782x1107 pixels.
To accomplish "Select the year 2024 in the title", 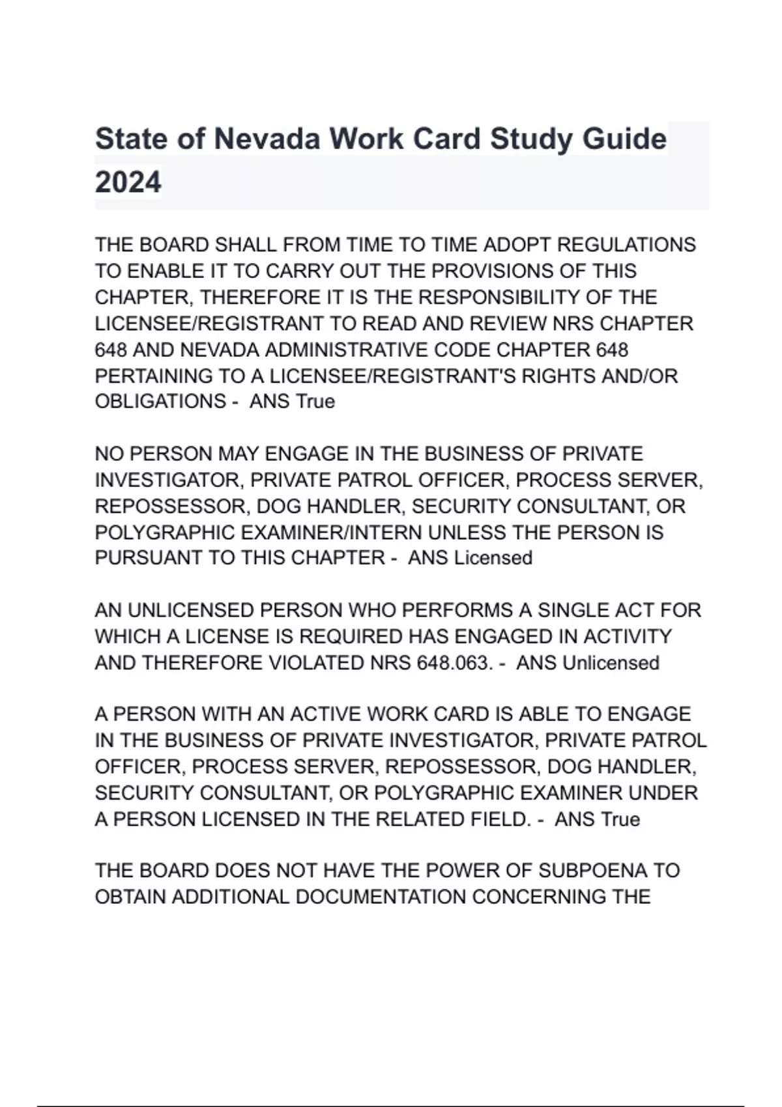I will click(128, 182).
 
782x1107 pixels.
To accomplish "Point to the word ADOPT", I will click(517, 245).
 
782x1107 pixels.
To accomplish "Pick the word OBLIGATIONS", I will click(160, 401).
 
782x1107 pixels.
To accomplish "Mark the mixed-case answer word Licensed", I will click(493, 558).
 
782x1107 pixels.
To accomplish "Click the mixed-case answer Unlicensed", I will click(611, 663).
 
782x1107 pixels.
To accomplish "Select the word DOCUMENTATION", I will click(381, 897).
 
